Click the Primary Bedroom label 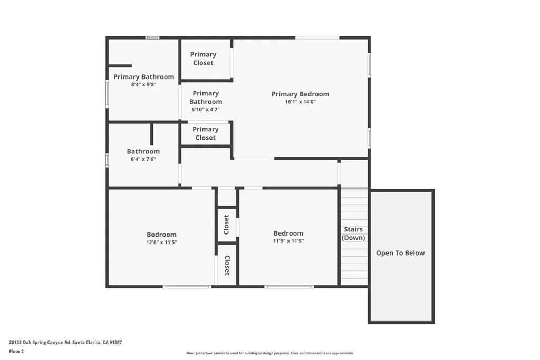click(300, 94)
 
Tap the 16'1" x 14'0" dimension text click(300, 102)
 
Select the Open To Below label click(400, 253)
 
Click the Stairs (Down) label click(353, 233)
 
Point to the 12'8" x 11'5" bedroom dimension click(161, 242)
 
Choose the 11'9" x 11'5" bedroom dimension click(288, 241)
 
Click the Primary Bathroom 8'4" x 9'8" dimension click(143, 84)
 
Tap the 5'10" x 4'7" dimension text click(205, 110)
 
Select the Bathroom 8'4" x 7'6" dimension click(143, 159)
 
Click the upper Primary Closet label click(203, 59)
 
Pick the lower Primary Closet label click(205, 133)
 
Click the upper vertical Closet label click(227, 225)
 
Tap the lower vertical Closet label click(227, 266)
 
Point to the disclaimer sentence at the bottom click(269, 353)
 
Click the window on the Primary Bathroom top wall click(152, 37)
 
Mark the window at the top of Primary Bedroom click(317, 37)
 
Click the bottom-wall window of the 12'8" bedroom click(187, 287)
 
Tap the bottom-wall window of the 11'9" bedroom click(289, 287)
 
